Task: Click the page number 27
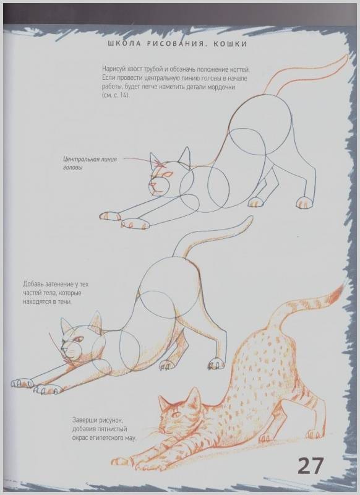311,466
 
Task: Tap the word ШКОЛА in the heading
124,44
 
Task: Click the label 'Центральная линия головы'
90,163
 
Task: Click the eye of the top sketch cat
168,174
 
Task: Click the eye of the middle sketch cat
78,340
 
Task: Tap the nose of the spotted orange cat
161,430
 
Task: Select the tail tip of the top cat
346,56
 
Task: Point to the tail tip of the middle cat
251,218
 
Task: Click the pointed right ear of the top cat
186,155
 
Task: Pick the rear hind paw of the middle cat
216,364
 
